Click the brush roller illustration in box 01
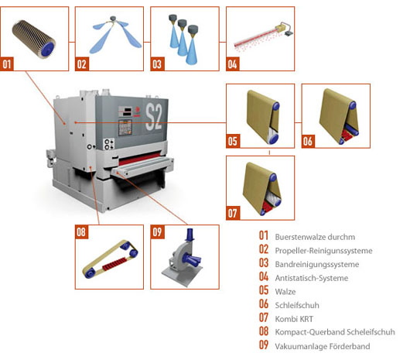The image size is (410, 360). [34, 39]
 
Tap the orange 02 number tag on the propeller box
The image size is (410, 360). [82, 64]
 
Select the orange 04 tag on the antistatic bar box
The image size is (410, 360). [232, 64]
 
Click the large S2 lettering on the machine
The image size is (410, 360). [153, 116]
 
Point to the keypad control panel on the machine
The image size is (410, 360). [125, 128]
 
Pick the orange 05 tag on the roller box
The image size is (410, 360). [232, 141]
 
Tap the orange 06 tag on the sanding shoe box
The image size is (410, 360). [308, 141]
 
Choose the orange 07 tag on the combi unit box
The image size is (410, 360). [232, 213]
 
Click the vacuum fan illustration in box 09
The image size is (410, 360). [183, 258]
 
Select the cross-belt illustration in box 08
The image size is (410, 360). [110, 260]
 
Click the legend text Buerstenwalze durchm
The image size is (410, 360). [315, 237]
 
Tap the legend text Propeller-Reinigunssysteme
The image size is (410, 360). [323, 251]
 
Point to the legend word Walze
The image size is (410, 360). [285, 291]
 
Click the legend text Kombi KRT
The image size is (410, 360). [294, 319]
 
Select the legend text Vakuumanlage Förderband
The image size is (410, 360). [323, 346]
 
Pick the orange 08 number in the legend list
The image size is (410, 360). [264, 331]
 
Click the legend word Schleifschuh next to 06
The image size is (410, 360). [297, 305]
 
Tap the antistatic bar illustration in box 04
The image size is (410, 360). [263, 36]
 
